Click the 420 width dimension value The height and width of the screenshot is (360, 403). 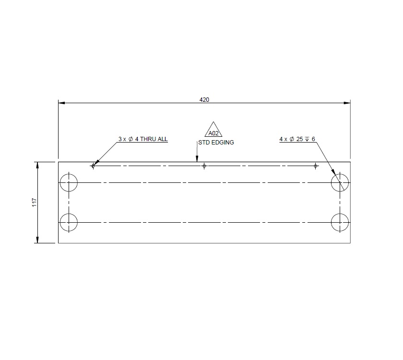204,100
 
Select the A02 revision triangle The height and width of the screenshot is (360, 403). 214,131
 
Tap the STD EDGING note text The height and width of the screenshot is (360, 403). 216,143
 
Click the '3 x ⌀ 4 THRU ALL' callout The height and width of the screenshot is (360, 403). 143,139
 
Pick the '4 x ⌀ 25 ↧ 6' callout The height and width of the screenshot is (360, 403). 297,139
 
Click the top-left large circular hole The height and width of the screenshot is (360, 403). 69,183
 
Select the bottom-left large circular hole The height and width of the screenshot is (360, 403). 69,222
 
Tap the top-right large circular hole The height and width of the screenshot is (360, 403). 340,183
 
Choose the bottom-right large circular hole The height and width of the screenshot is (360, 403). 340,222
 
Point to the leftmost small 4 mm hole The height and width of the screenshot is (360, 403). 93,166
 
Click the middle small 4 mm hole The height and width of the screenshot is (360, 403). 204,166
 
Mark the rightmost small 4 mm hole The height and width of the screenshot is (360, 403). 315,166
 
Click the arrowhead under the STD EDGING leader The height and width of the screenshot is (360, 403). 197,159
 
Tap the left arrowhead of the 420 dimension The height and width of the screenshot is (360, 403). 61,103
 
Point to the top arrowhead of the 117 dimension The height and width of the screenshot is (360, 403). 38,165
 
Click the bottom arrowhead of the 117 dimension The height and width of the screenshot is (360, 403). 38,240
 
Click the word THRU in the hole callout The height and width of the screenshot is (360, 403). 149,139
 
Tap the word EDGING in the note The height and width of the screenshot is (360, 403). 222,143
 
